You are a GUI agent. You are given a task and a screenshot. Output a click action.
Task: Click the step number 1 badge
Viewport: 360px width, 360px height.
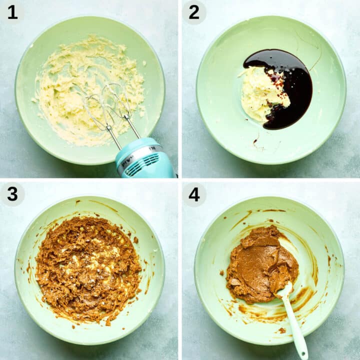coord(12,12)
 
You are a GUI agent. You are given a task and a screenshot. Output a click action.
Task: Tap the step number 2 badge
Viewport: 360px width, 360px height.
coord(194,12)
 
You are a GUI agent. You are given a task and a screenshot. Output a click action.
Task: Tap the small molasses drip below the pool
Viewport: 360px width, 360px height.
coord(256,141)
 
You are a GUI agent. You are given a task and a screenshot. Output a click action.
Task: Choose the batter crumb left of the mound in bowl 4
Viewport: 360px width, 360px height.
coord(221,272)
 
